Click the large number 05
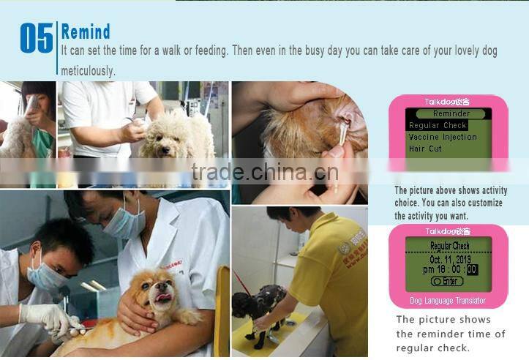[x=36, y=38]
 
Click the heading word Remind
[x=86, y=31]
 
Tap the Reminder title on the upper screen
[x=451, y=114]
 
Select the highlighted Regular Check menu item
[x=438, y=126]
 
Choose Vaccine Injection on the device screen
[x=442, y=137]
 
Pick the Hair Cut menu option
[x=425, y=149]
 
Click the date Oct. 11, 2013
[x=450, y=258]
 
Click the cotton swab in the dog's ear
[x=340, y=143]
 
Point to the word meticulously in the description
[x=88, y=71]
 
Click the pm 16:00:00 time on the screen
[x=450, y=269]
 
